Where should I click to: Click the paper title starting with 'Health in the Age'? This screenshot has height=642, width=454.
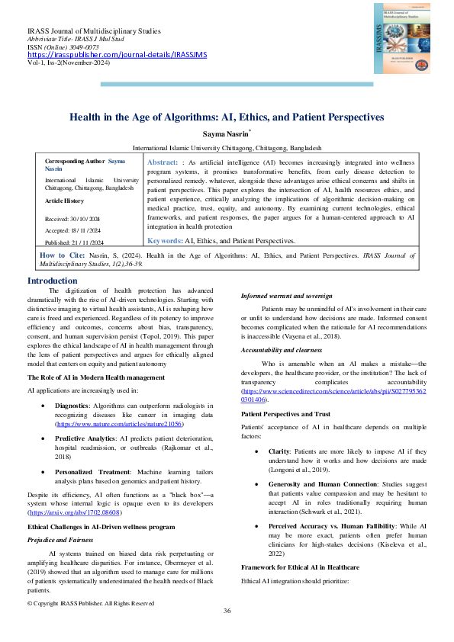point(227,117)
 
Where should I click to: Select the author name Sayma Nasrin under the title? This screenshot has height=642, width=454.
point(226,134)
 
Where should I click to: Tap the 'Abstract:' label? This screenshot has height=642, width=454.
point(162,163)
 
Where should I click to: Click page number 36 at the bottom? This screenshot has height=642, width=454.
point(227,612)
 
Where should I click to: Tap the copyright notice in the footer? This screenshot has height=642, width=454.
point(91,603)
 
